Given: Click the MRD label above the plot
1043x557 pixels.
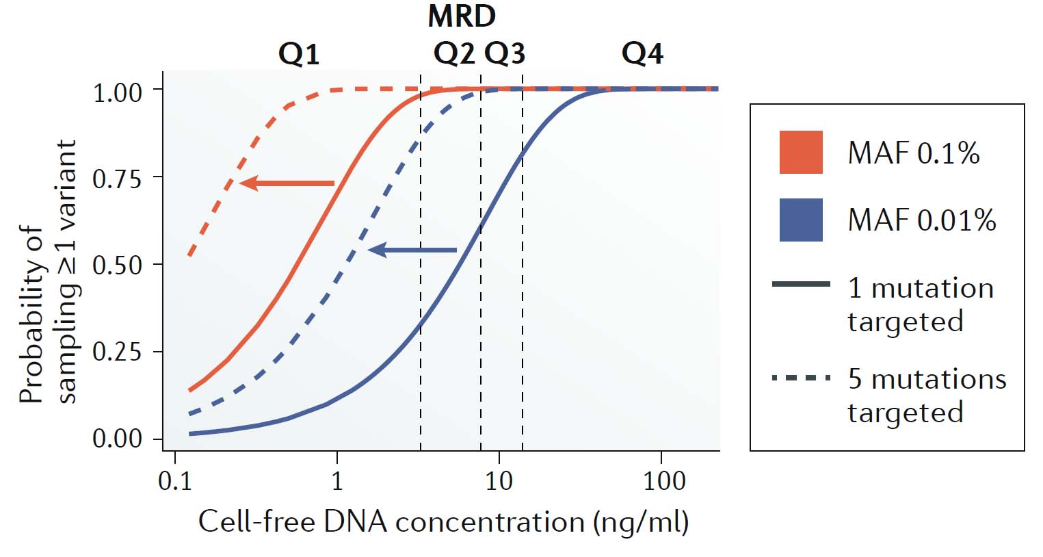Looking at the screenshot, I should click(x=462, y=16).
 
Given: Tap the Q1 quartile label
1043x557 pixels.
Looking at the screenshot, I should click(x=299, y=53).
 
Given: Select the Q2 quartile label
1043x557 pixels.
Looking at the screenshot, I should click(x=454, y=53).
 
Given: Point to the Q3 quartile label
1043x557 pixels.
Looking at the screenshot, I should click(x=505, y=53).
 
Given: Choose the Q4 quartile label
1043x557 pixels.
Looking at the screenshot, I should click(x=642, y=53).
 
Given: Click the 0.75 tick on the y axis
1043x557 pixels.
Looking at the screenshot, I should click(x=117, y=179).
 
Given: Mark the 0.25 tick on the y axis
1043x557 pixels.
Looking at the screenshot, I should click(x=117, y=352).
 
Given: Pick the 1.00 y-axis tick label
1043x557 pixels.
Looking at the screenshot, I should click(x=117, y=92).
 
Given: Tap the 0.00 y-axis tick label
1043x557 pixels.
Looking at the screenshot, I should click(x=117, y=438).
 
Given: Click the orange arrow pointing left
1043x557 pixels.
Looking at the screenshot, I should click(x=287, y=183).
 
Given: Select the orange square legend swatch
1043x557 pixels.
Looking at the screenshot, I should click(x=801, y=152).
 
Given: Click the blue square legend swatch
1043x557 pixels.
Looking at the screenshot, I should click(x=801, y=220).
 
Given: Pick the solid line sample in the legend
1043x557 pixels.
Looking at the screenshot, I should click(x=801, y=284).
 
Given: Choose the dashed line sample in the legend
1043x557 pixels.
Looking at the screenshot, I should click(x=801, y=377).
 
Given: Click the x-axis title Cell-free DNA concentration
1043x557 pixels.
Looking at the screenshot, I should click(x=443, y=521).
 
